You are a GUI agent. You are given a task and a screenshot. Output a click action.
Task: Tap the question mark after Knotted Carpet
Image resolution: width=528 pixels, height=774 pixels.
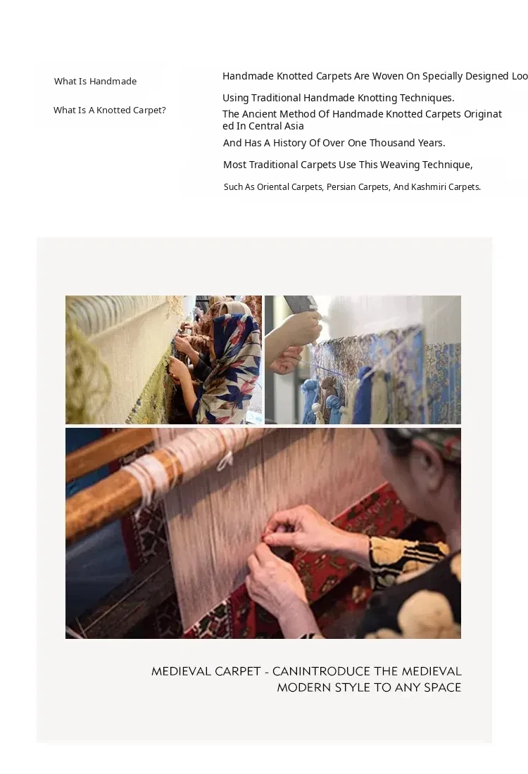click(163, 110)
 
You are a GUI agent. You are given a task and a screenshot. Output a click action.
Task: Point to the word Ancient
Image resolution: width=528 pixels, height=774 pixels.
click(259, 114)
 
